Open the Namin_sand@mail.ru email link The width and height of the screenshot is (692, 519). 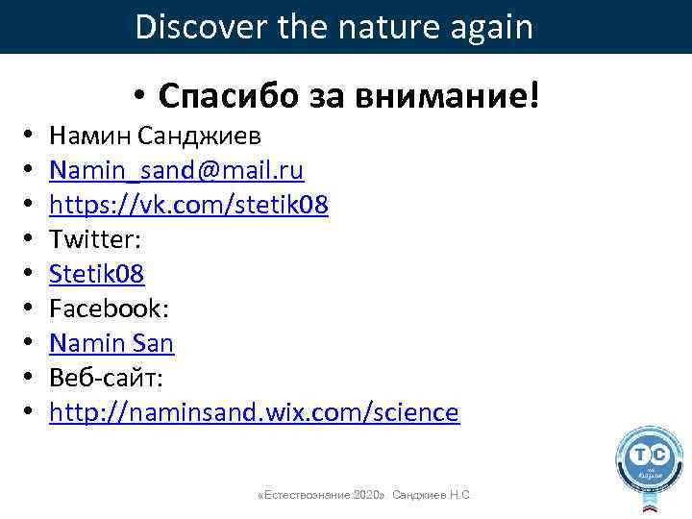[x=177, y=171]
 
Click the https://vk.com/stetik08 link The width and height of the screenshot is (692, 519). [x=189, y=205]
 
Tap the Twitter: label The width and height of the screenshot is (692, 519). [x=94, y=239]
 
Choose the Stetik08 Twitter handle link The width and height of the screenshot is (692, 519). [x=97, y=274]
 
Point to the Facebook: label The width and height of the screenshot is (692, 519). [x=110, y=309]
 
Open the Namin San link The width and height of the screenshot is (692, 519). [x=111, y=343]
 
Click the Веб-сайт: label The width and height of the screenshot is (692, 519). [x=105, y=378]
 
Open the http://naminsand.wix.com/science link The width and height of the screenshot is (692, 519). [x=255, y=412]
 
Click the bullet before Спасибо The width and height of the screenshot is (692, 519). [x=140, y=96]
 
